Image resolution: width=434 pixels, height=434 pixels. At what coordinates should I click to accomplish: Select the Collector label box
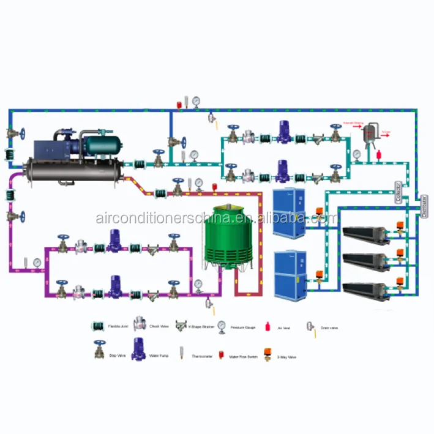398,192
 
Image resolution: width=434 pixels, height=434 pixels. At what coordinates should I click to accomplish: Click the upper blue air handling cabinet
288,214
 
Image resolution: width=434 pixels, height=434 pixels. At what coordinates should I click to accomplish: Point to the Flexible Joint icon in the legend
97,326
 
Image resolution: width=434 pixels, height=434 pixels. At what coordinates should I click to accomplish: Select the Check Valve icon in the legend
141,325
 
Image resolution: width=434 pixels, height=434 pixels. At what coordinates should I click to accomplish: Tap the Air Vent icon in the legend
267,325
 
